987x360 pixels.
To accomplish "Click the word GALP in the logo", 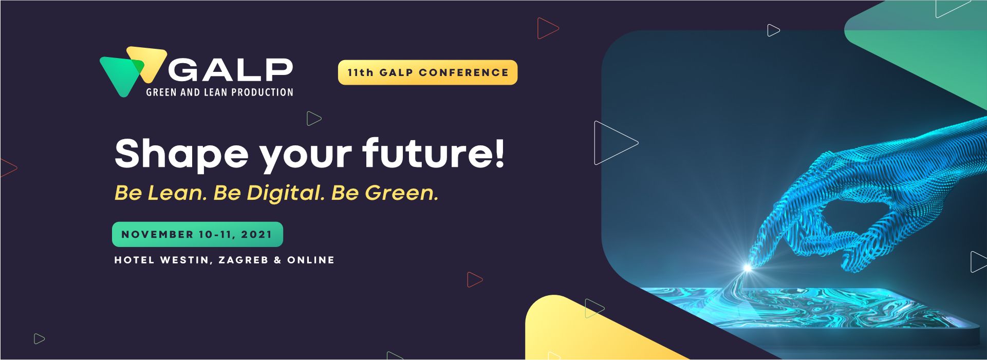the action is click(230, 69).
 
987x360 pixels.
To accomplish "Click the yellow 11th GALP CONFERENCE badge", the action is click(427, 72).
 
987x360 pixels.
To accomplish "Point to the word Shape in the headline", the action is click(181, 154).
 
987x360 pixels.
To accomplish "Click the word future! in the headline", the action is click(434, 153).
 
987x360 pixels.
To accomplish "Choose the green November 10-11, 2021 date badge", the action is click(197, 234).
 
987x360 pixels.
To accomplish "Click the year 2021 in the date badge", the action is click(256, 234).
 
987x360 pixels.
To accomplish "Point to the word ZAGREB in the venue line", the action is click(244, 260).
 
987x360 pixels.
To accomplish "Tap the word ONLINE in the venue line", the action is click(311, 260).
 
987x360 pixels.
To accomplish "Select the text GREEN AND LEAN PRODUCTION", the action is click(219, 92).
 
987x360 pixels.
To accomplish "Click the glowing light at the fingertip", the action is click(748, 268).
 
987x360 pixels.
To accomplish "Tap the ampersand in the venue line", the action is click(277, 260).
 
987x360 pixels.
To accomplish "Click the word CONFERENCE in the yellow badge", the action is click(463, 72).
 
